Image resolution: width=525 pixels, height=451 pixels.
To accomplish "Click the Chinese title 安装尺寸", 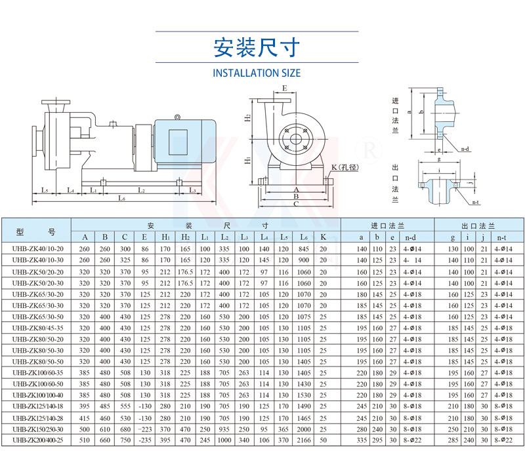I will pos(257,48).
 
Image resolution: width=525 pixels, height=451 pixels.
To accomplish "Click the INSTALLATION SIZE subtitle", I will pos(257,73).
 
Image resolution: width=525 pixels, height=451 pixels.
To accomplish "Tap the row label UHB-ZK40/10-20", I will pos(37,249).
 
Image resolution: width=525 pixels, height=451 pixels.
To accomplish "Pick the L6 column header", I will pos(303,237).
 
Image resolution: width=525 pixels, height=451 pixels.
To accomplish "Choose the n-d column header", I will pos(412,237).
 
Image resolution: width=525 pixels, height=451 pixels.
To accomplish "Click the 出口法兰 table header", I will pos(474,224).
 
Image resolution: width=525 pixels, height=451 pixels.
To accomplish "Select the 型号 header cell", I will pos(37,231).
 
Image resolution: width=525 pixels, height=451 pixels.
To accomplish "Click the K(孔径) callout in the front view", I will pos(344,168).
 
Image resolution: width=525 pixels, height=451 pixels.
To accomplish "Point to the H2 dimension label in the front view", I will pos(248,118).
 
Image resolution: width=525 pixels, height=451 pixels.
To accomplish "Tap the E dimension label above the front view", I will pos(284,88).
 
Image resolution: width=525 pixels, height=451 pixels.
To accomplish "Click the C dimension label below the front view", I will pos(296,204).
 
